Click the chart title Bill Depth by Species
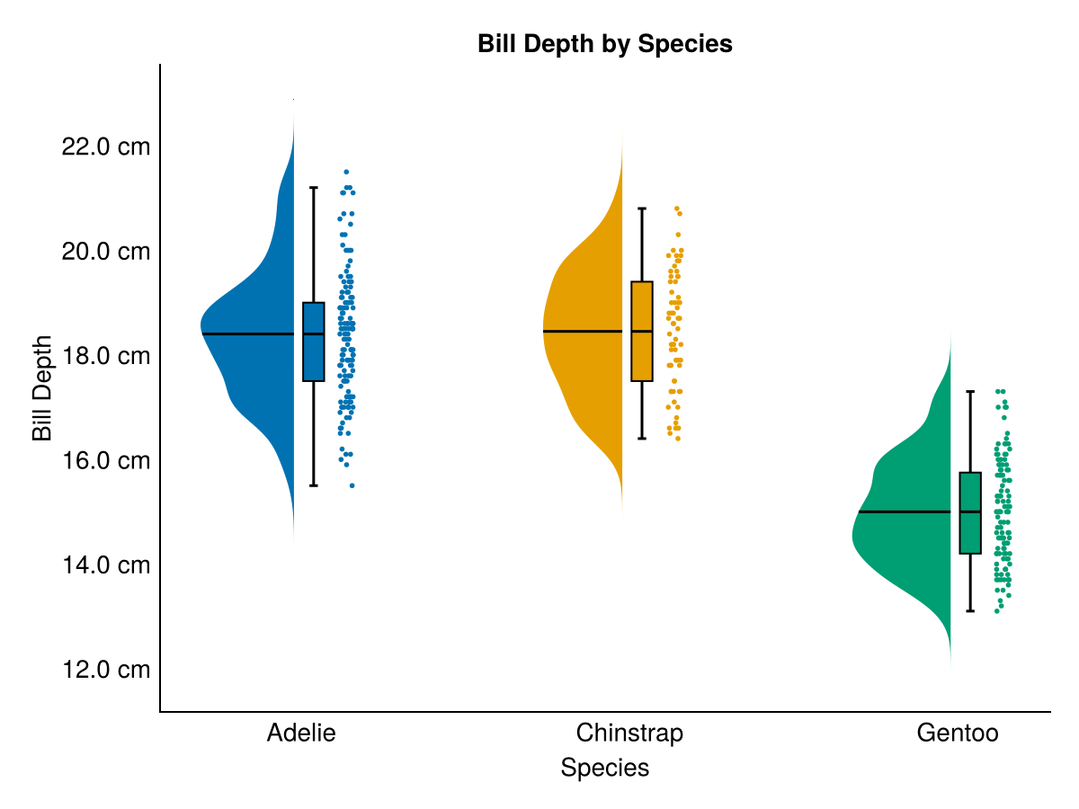click(605, 43)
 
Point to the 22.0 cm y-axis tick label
click(105, 146)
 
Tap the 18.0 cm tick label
click(105, 356)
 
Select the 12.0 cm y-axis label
click(105, 670)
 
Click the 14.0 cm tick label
click(105, 565)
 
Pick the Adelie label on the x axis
click(301, 733)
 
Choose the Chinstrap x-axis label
click(629, 733)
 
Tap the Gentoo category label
click(958, 733)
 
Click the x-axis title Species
click(605, 768)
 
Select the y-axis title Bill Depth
click(42, 388)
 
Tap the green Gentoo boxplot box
click(970, 535)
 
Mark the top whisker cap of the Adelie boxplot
click(313, 188)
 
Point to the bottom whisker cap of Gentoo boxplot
click(970, 611)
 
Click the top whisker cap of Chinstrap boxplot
click(642, 209)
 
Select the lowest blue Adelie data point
click(352, 485)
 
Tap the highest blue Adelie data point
click(346, 172)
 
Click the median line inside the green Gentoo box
click(970, 511)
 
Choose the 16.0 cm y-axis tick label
click(105, 460)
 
